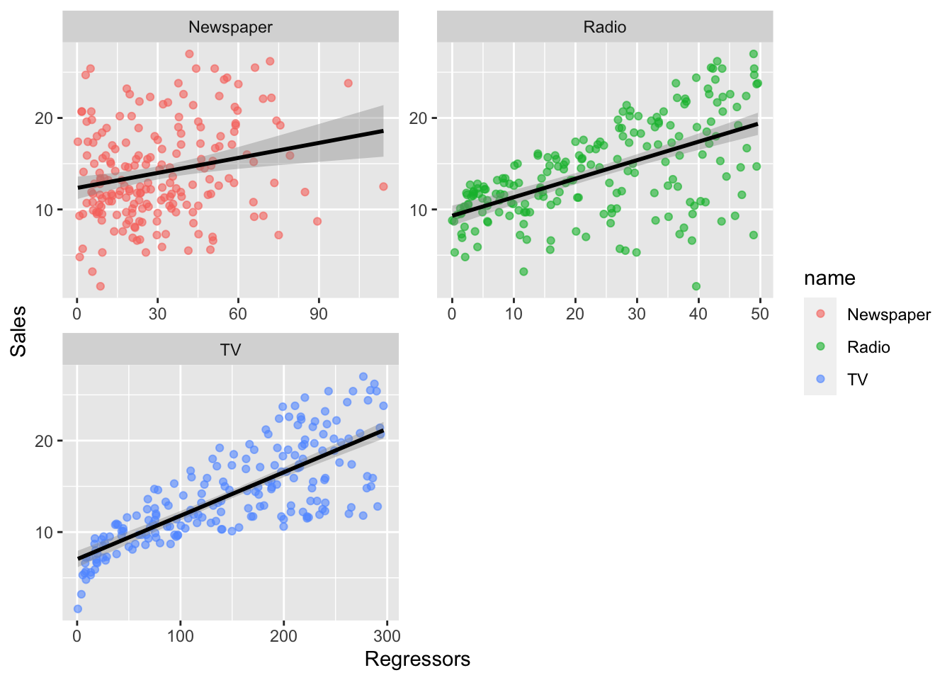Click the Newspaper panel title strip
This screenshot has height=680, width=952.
pyautogui.click(x=230, y=27)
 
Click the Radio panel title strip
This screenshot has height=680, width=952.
pyautogui.click(x=604, y=27)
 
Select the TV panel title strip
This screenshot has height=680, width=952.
pyautogui.click(x=230, y=350)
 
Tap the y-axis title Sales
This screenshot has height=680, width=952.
pyautogui.click(x=18, y=331)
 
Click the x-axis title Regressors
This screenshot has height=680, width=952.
pyautogui.click(x=417, y=659)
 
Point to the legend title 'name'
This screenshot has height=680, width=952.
pyautogui.click(x=829, y=278)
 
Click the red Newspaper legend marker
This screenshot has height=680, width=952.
pyautogui.click(x=820, y=314)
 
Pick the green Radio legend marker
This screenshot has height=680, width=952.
pyautogui.click(x=820, y=346)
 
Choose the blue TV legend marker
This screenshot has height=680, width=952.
pyautogui.click(x=820, y=379)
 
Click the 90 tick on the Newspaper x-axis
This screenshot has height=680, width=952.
pyautogui.click(x=319, y=314)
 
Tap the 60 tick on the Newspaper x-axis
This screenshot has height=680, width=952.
pyautogui.click(x=238, y=314)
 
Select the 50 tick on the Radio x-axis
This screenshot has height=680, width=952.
pyautogui.click(x=760, y=314)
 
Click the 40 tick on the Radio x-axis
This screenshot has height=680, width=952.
pyautogui.click(x=698, y=314)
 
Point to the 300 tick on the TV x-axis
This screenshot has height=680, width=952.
pyautogui.click(x=387, y=636)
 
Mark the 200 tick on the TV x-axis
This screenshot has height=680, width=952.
pyautogui.click(x=283, y=636)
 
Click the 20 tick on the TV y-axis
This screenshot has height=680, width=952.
pyautogui.click(x=45, y=441)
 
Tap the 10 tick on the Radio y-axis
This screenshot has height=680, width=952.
pyautogui.click(x=419, y=210)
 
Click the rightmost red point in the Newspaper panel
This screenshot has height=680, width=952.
pyautogui.click(x=383, y=186)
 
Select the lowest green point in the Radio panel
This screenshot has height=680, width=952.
pyautogui.click(x=696, y=286)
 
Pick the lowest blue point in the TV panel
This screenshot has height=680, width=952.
pyautogui.click(x=78, y=608)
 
